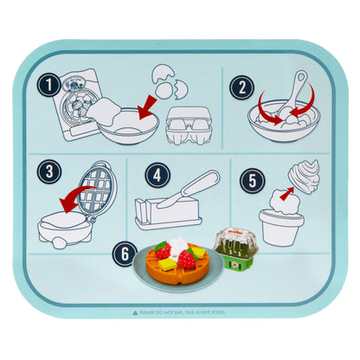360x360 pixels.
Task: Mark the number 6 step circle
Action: click(128, 255)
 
